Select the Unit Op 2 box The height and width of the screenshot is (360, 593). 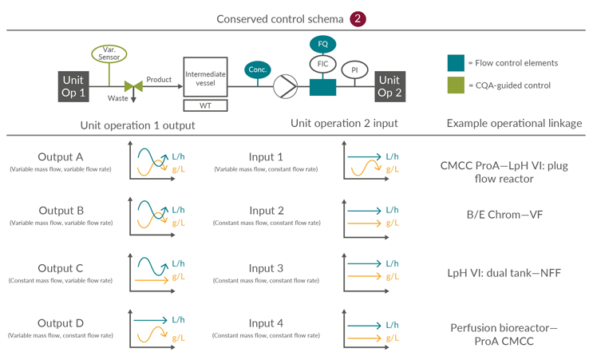click(389, 85)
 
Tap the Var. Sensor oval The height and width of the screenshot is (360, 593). click(109, 54)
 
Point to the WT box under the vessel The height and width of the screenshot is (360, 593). click(205, 105)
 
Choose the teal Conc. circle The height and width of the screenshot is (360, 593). click(257, 69)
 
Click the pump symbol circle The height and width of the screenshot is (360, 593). click(285, 86)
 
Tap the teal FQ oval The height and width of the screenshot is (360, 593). click(323, 45)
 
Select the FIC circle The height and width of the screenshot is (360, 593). click(322, 65)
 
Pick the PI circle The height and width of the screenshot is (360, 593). click(354, 70)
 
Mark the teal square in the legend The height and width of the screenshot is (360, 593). click(456, 63)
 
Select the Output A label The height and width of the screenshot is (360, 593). click(61, 156)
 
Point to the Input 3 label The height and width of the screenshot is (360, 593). click(266, 268)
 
